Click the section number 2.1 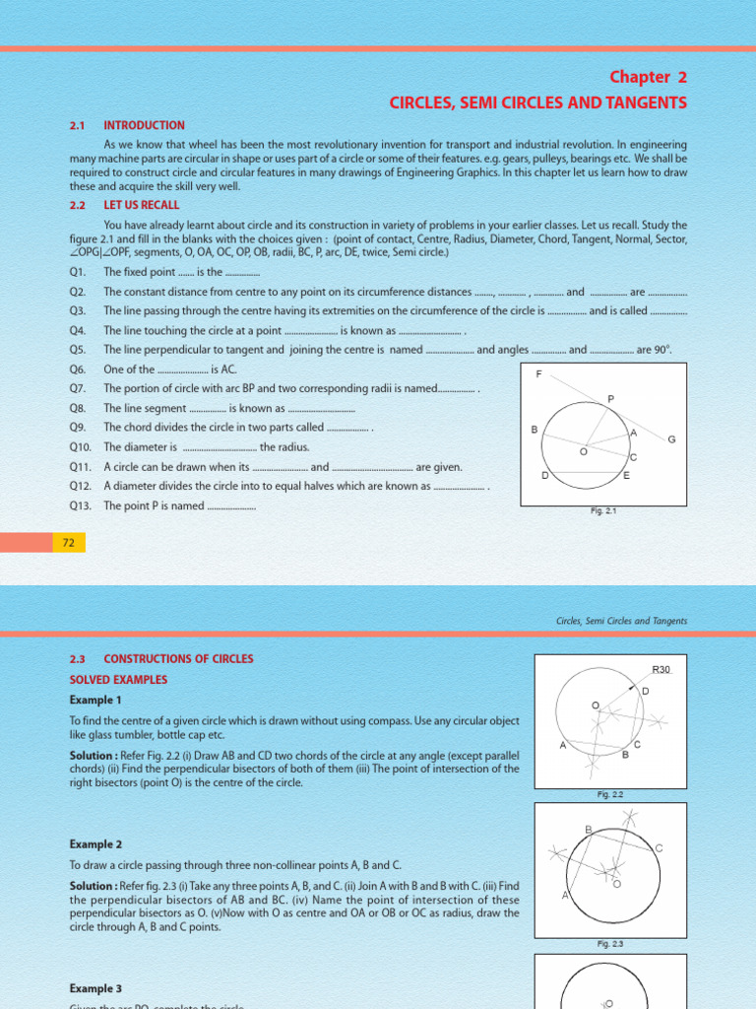click(78, 125)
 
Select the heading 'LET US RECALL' click(144, 205)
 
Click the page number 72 click(69, 543)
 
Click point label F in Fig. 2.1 click(538, 374)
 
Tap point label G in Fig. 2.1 click(671, 438)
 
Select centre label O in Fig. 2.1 click(582, 452)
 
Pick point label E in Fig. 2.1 click(627, 475)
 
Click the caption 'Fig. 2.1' click(602, 510)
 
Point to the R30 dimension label click(661, 669)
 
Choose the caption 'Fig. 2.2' click(609, 794)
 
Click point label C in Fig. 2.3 click(659, 847)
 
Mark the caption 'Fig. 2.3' click(609, 944)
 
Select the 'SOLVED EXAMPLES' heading click(118, 680)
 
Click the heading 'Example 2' click(95, 844)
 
